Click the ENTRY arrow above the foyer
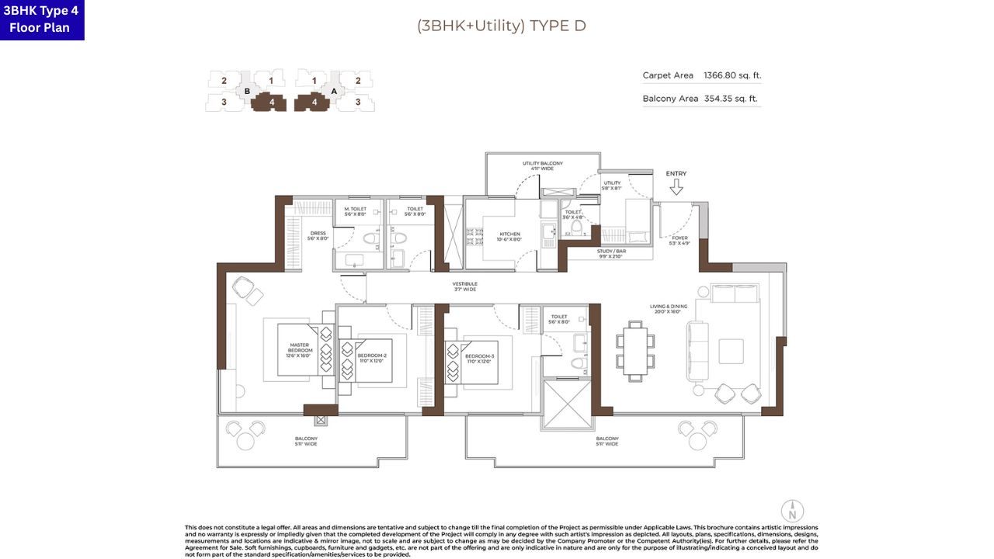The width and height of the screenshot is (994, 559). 676,187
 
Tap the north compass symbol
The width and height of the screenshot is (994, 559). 792,512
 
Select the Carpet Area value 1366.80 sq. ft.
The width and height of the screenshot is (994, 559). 732,75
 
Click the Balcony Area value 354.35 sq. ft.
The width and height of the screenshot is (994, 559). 731,99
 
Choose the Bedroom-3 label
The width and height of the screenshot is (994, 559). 479,358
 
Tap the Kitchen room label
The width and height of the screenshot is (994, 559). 510,237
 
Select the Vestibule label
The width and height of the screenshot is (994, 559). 465,286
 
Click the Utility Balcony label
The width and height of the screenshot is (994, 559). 542,166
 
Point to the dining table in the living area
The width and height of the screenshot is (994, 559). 634,351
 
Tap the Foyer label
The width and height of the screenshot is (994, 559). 680,241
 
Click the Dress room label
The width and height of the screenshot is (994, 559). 318,236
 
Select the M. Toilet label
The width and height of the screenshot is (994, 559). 355,211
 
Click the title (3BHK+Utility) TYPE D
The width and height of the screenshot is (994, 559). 501,26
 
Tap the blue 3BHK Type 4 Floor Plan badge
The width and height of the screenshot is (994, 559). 42,20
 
